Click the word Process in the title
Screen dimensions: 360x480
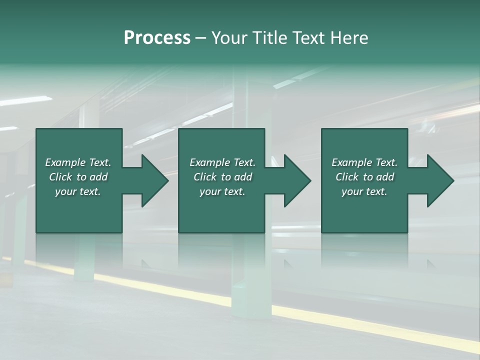(157, 38)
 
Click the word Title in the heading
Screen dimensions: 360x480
(268, 38)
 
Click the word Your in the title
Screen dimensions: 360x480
(230, 38)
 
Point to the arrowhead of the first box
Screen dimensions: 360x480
(155, 180)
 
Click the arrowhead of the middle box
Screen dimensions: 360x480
(297, 180)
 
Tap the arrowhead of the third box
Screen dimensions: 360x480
(440, 180)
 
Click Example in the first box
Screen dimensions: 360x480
(65, 162)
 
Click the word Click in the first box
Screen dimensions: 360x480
(60, 177)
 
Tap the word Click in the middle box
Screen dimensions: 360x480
(205, 177)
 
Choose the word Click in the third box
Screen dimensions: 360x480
(347, 177)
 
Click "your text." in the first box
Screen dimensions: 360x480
(78, 191)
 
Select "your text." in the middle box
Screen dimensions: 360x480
(222, 191)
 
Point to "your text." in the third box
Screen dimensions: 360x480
(364, 191)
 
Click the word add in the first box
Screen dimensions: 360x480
(98, 177)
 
